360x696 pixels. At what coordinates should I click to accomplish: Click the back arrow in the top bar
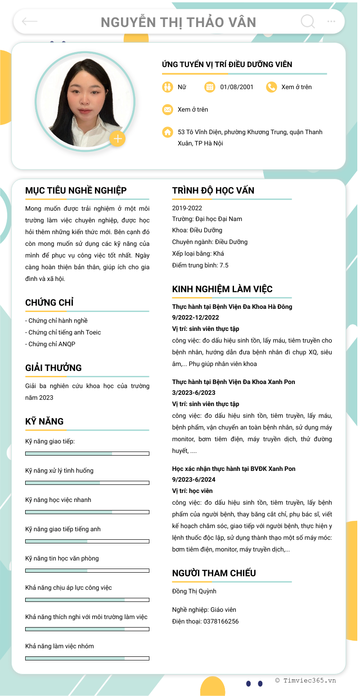point(30,21)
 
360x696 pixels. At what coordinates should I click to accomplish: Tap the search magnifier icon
point(307,21)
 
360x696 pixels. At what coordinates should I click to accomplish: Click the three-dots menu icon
point(331,21)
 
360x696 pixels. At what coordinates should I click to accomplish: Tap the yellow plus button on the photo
point(117,139)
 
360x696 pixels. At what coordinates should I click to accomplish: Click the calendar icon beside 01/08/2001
point(210,87)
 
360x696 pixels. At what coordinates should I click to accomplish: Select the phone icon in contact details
point(271,87)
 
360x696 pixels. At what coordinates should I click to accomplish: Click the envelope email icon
point(167,109)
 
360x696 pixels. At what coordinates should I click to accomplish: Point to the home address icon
point(167,132)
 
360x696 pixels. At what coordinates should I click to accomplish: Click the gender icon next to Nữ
point(167,87)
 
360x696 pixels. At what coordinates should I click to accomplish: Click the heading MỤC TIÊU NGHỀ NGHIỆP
point(76,190)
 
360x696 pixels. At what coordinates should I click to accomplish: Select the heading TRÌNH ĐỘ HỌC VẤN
point(213,190)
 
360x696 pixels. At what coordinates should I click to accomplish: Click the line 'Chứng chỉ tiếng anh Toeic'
point(63,332)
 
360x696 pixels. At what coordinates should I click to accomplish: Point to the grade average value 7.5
point(224,265)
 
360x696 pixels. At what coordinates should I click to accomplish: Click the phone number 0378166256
point(221,621)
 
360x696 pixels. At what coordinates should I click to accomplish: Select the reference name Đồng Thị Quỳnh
point(194,591)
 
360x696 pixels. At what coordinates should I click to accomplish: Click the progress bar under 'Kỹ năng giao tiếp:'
point(87,453)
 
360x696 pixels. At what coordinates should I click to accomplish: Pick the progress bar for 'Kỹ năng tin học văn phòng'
point(87,570)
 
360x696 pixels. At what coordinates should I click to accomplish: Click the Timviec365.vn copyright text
point(306,680)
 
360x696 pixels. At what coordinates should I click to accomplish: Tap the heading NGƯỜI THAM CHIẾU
point(214,573)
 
